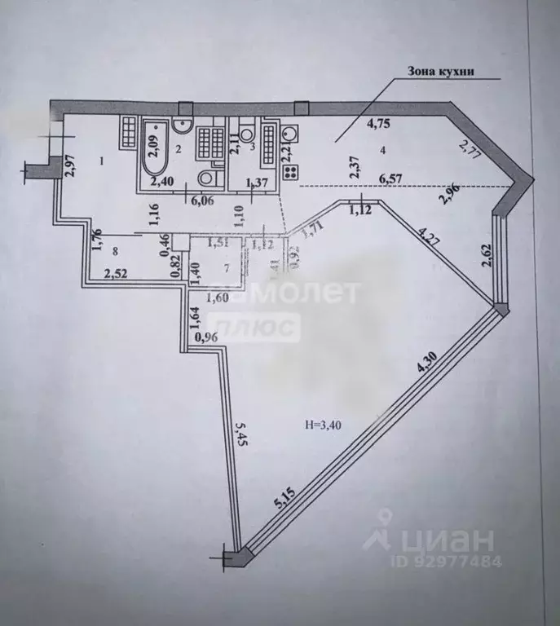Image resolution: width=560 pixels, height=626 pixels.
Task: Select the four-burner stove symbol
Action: [289, 170]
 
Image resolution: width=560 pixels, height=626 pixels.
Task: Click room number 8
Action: [117, 252]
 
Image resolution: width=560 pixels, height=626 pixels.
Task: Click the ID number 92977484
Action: [452, 561]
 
